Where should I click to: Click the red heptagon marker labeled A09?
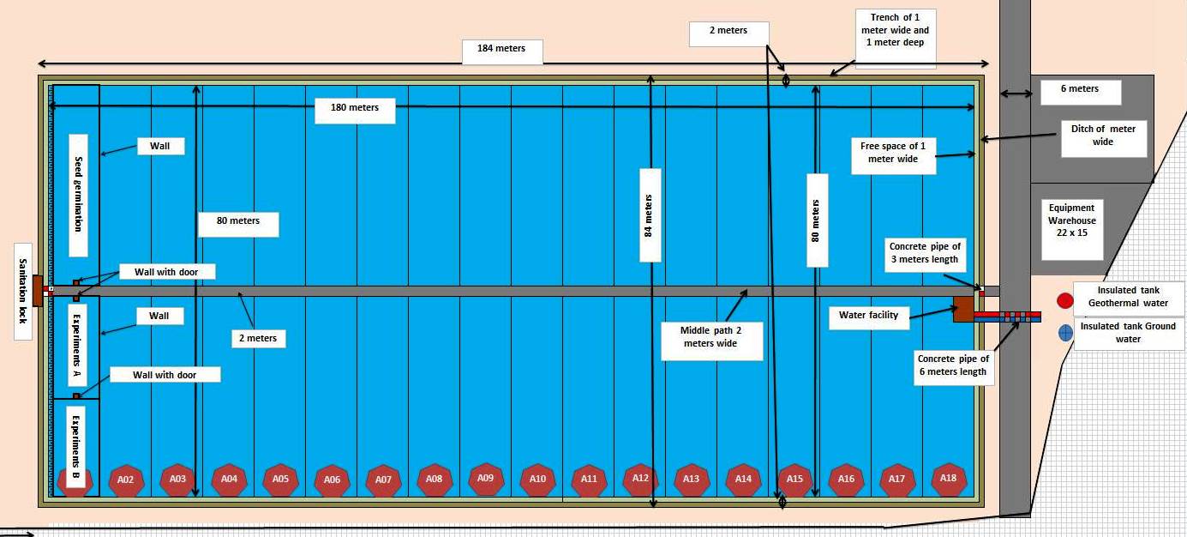485,479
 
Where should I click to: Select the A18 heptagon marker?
948,479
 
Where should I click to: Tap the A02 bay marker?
126,480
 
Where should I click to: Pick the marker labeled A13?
691,480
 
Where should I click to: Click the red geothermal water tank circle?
1065,301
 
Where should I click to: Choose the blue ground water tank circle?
1065,333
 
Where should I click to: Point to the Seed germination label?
79,195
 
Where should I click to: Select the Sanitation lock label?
23,291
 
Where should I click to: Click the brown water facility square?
963,309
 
